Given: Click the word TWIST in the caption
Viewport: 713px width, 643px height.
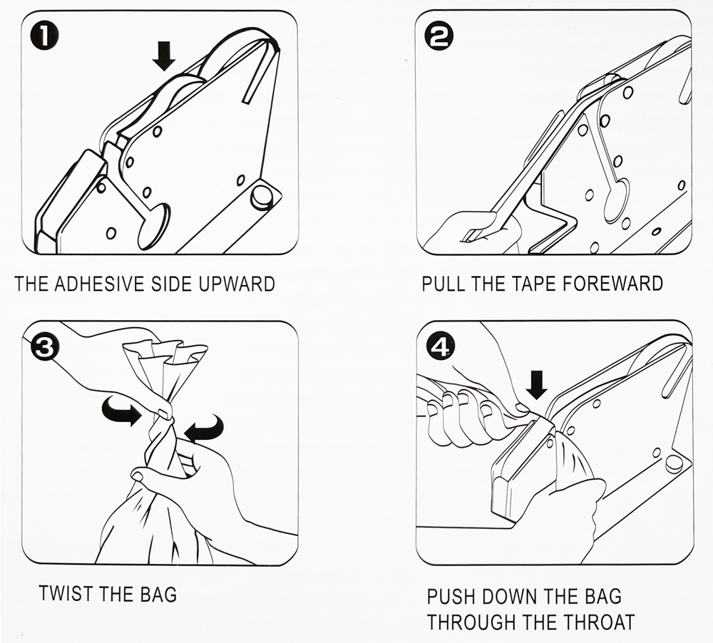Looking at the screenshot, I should coord(67,593).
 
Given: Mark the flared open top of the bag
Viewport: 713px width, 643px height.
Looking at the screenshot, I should coord(165,353).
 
